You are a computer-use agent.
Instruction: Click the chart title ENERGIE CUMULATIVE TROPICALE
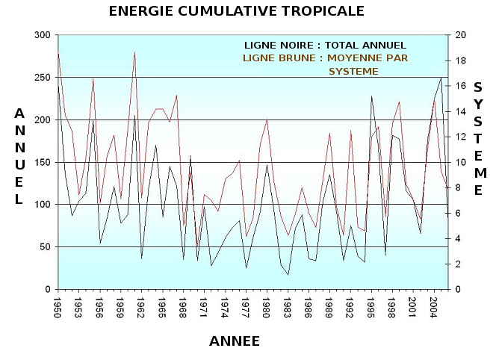(x=237, y=11)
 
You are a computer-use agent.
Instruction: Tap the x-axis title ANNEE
(x=235, y=341)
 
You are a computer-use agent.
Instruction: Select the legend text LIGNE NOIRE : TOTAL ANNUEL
(x=325, y=46)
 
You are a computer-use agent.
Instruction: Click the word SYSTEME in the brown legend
(x=353, y=71)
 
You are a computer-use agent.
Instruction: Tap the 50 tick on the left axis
(x=44, y=246)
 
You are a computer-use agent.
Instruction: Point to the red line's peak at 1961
(x=134, y=52)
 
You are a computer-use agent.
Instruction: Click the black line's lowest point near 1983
(x=288, y=275)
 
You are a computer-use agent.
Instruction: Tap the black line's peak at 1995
(x=372, y=96)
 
